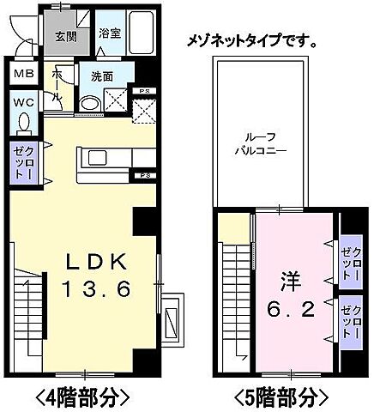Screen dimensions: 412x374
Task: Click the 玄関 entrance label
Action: click(x=66, y=37)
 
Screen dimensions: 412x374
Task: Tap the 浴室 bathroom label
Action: click(x=109, y=33)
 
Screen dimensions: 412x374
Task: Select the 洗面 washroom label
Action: click(x=102, y=76)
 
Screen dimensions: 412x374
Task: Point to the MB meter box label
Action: click(x=23, y=75)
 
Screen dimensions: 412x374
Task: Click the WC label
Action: click(x=23, y=103)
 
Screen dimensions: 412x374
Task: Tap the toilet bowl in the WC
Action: click(x=23, y=124)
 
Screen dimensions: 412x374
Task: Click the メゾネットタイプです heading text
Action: click(x=250, y=39)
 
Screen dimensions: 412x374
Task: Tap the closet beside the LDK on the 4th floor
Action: click(x=22, y=162)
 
